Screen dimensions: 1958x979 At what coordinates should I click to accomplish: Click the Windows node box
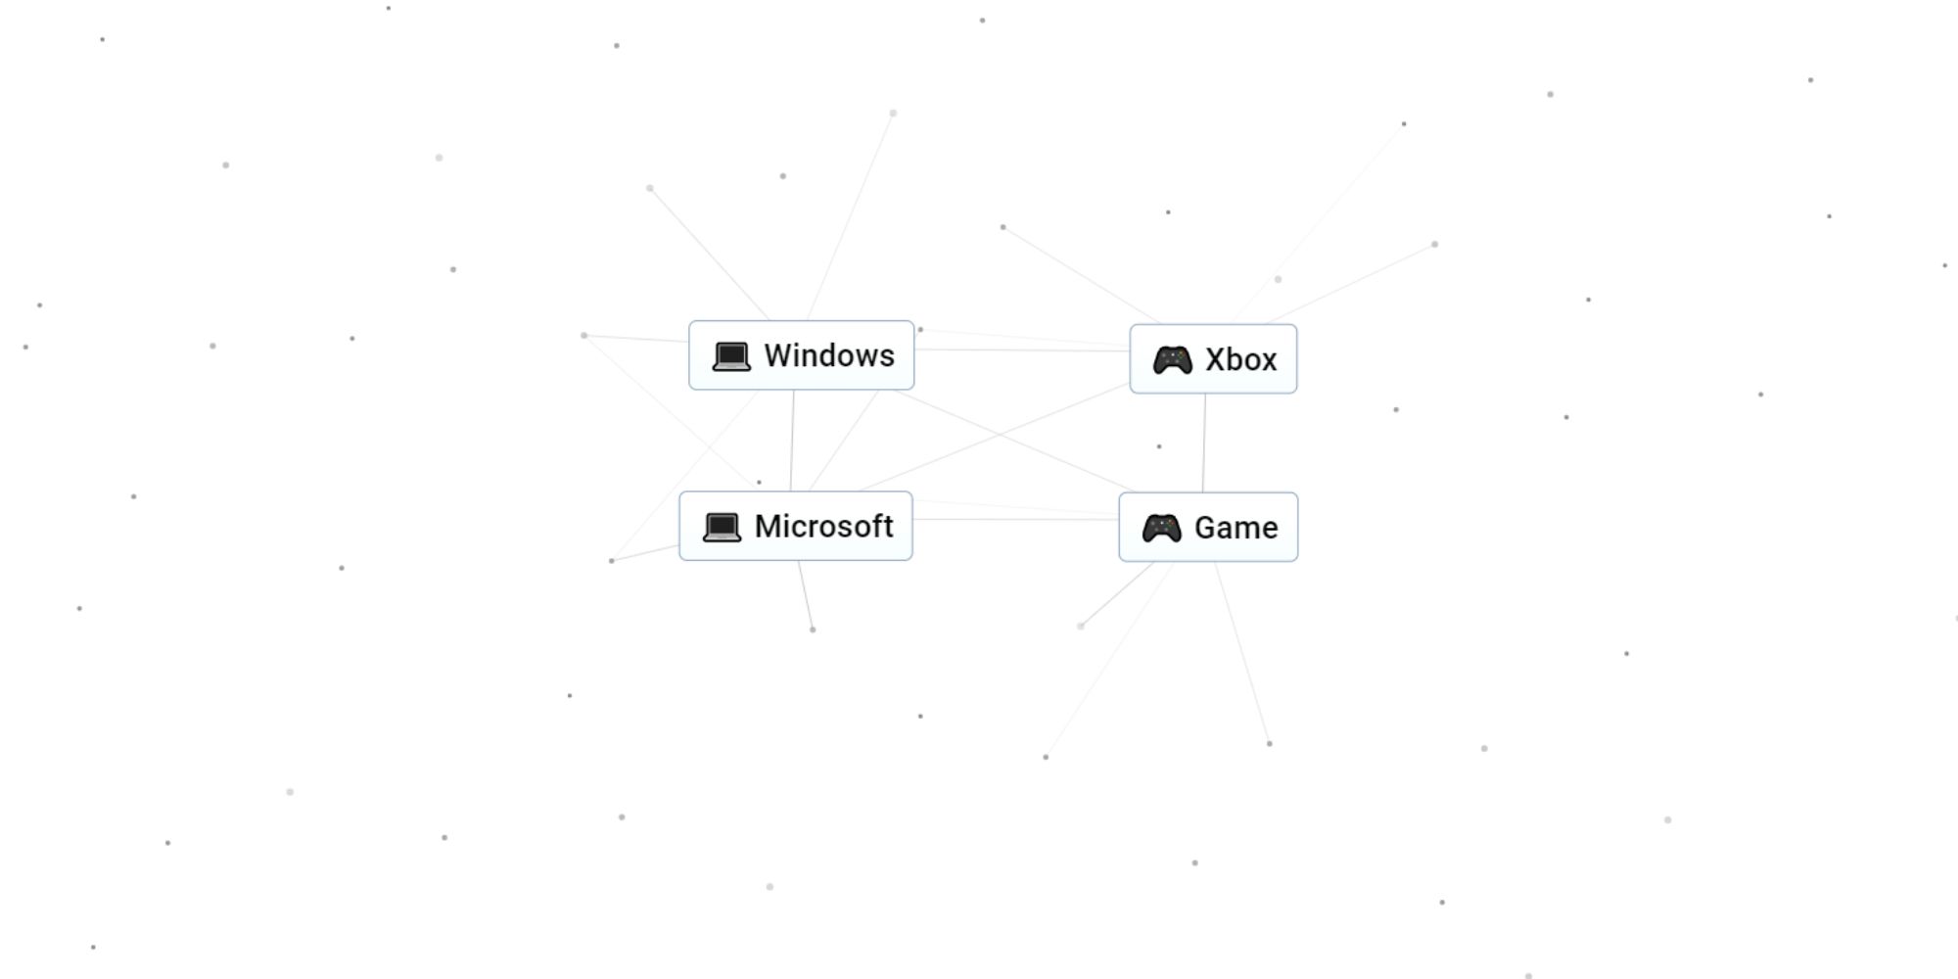coord(801,355)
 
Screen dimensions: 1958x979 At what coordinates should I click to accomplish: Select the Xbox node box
coord(1213,359)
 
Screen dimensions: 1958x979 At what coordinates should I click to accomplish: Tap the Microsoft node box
coord(796,526)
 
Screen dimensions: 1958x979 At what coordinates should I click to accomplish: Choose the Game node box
coord(1208,527)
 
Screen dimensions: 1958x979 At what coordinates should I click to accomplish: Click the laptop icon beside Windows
coord(731,356)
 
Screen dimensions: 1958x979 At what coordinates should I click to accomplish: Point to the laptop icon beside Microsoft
coord(722,527)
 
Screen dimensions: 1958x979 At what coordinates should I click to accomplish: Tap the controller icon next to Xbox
coord(1172,360)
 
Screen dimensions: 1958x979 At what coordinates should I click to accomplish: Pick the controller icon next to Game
coord(1161,528)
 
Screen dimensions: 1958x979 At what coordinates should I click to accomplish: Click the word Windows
coord(829,355)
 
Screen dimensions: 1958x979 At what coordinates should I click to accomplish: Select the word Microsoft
coord(823,526)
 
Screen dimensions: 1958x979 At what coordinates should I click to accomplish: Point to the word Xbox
coord(1240,359)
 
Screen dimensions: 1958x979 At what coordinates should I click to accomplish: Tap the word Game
coord(1235,528)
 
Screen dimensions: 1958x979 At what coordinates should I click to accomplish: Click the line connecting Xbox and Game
coord(1204,443)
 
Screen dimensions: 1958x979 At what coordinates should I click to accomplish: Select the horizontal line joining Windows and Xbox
coord(1022,350)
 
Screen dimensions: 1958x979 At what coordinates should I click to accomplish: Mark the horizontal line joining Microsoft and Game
coord(1016,519)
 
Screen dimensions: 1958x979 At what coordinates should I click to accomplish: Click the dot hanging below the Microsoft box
coord(813,629)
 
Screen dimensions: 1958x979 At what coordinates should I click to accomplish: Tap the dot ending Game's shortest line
coord(1081,627)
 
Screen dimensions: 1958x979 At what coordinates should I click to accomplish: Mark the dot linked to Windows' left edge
coord(584,336)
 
